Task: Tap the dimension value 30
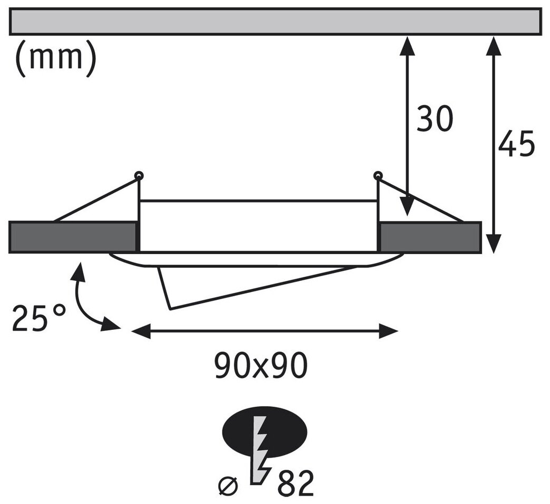435,119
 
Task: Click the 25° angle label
40,317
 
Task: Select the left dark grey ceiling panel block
72,237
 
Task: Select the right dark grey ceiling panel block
429,237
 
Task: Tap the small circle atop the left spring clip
139,175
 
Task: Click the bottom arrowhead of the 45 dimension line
493,244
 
